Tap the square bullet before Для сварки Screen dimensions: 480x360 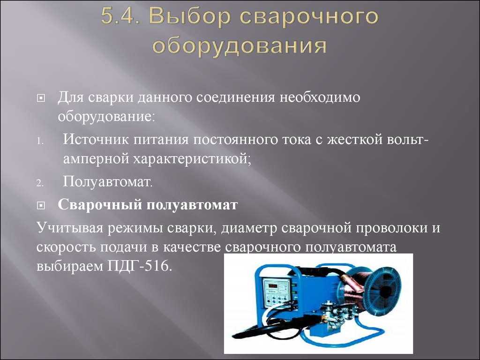pos(40,98)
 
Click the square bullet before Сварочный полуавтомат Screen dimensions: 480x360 pos(40,206)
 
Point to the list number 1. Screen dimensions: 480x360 pos(40,142)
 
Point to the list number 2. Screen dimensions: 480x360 pos(40,183)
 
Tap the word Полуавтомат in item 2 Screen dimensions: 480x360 pos(107,182)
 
